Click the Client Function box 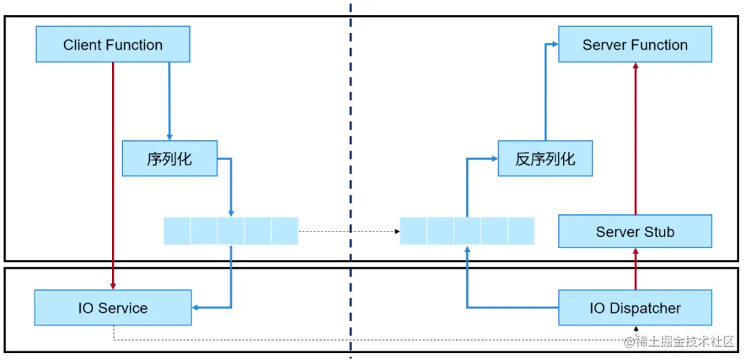(113, 46)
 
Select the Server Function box (635, 46)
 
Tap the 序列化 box (169, 159)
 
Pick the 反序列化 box (545, 159)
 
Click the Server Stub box (635, 231)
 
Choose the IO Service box (113, 308)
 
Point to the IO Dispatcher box (635, 308)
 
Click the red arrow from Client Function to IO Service (113, 173)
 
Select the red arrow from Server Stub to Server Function (635, 138)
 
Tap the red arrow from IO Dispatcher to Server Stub (635, 269)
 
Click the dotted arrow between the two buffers (349, 231)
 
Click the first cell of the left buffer (177, 231)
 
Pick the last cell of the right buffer (522, 231)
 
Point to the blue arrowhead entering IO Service (197, 307)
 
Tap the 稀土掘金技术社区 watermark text (684, 341)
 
